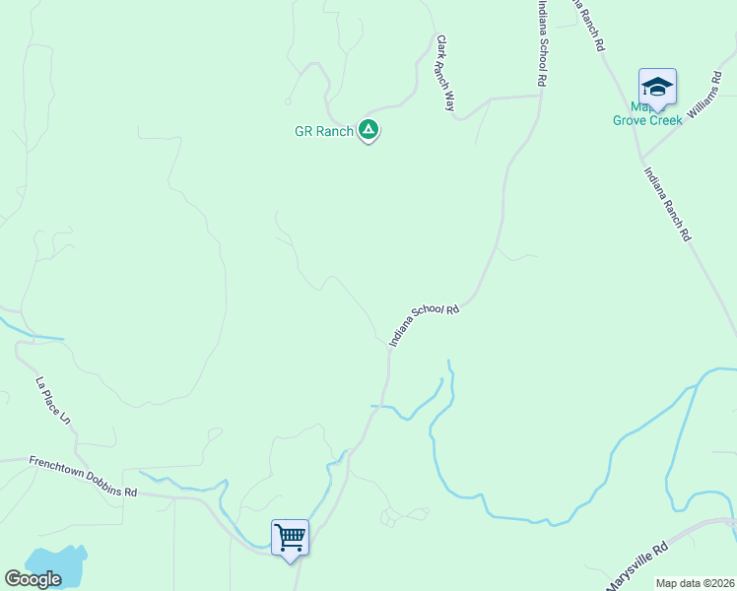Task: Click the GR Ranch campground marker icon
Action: point(368,129)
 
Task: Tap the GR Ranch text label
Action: point(323,131)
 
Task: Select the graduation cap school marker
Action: point(657,87)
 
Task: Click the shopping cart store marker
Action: point(290,538)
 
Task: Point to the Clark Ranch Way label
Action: point(445,73)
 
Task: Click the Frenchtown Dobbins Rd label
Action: point(83,477)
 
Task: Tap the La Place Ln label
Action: point(54,401)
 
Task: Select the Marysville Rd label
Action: point(636,566)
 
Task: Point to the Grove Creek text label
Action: point(647,120)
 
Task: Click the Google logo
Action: point(33,579)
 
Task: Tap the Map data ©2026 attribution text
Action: point(695,583)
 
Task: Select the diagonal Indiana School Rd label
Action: point(425,325)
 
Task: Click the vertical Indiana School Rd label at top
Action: point(541,44)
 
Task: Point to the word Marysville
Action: point(631,570)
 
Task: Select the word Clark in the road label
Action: point(441,51)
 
